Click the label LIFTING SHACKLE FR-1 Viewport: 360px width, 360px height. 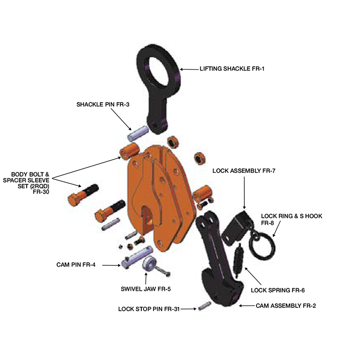(x=232, y=69)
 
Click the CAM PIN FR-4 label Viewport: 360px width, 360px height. (x=77, y=265)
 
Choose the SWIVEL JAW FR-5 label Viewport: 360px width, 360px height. (x=146, y=289)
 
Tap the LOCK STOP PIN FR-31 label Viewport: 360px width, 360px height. (x=149, y=308)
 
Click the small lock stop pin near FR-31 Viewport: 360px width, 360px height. (x=204, y=307)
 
